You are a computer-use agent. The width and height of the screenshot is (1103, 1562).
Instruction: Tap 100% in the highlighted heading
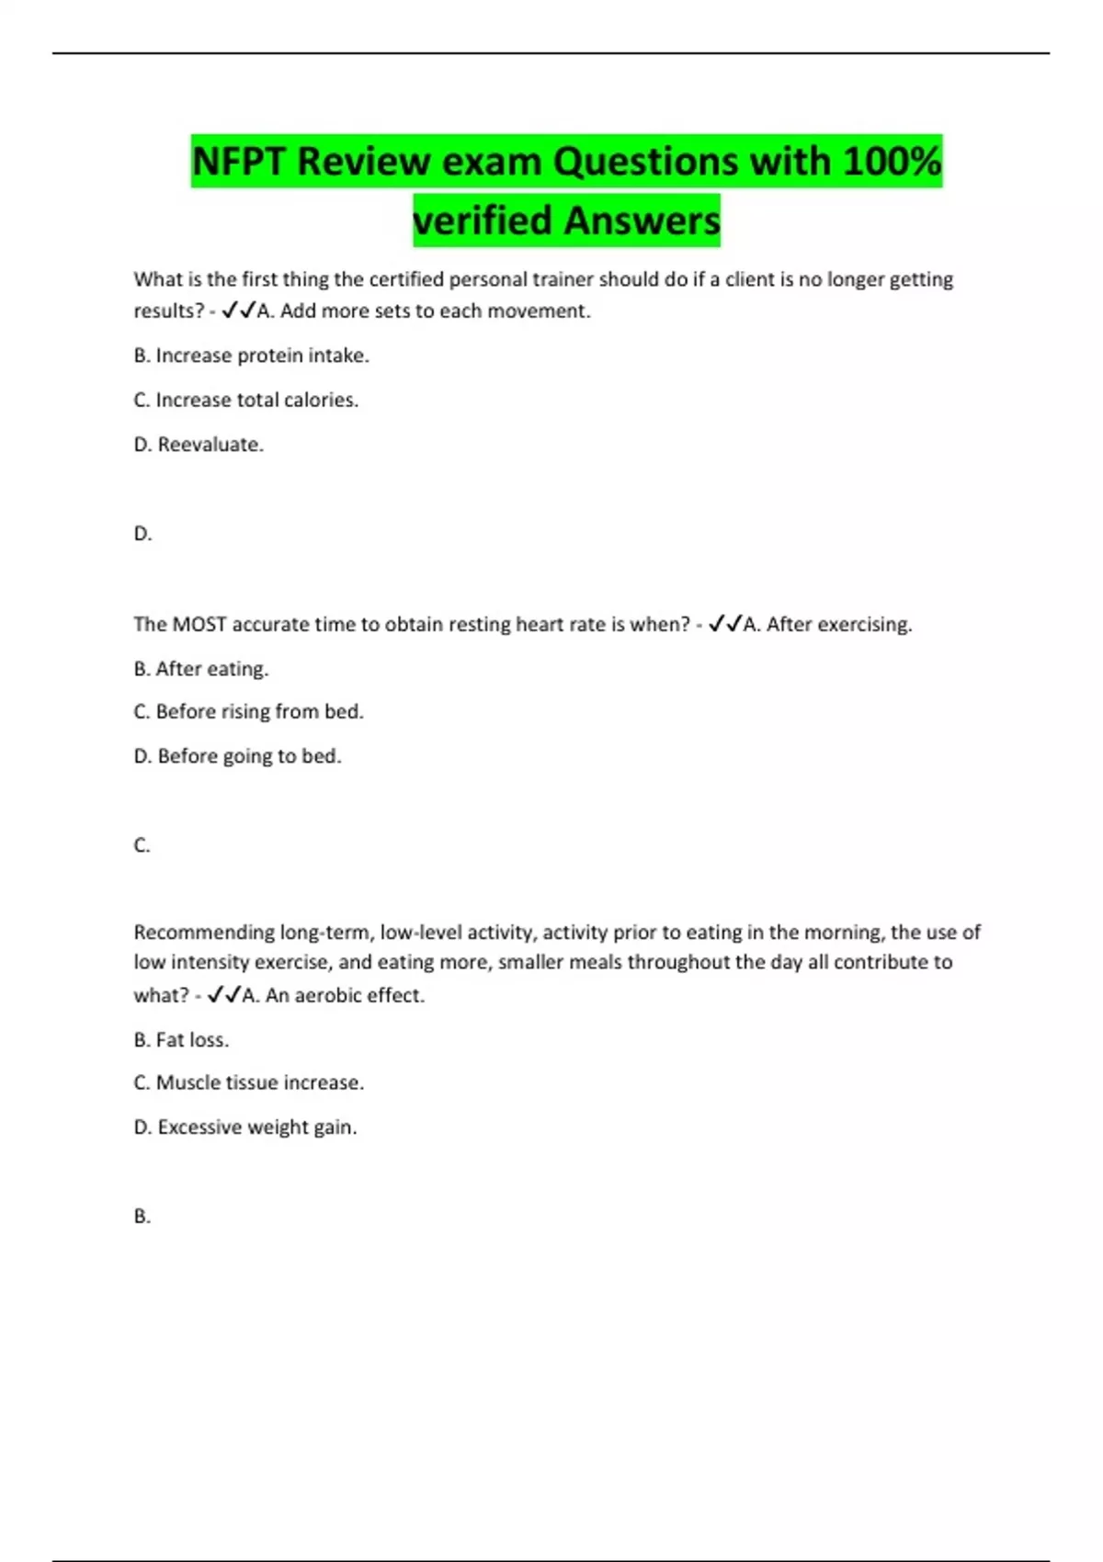[892, 162]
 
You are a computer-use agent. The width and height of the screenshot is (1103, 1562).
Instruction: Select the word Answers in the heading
[642, 221]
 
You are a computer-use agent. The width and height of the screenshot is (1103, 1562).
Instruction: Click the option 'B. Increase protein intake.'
[251, 356]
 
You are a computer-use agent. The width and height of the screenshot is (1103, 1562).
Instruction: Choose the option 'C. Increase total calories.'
[245, 400]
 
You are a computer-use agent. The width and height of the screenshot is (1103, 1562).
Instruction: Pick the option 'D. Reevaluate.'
[199, 445]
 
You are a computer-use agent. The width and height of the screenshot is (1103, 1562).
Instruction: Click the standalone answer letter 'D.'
[142, 534]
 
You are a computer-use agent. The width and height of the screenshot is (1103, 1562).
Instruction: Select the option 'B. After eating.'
[200, 669]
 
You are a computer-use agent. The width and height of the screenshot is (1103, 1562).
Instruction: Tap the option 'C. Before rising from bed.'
[248, 712]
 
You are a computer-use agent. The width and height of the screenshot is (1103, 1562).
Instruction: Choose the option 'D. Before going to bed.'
[237, 756]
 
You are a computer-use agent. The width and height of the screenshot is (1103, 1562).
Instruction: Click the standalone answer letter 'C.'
[142, 845]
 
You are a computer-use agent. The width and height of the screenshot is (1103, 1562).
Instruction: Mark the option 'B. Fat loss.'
[181, 1040]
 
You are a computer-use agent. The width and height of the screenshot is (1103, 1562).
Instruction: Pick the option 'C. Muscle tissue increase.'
[248, 1083]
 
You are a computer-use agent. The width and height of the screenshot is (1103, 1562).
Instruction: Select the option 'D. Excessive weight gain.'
[244, 1127]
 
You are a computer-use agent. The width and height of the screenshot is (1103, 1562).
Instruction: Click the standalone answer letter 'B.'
[142, 1217]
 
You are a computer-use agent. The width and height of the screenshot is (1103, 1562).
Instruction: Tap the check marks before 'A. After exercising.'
[725, 625]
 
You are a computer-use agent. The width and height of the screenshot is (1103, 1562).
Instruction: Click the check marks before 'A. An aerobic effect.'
[224, 995]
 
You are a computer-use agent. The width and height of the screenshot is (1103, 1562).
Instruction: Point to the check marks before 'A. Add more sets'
[239, 311]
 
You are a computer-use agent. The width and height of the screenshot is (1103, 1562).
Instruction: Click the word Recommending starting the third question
[203, 933]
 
